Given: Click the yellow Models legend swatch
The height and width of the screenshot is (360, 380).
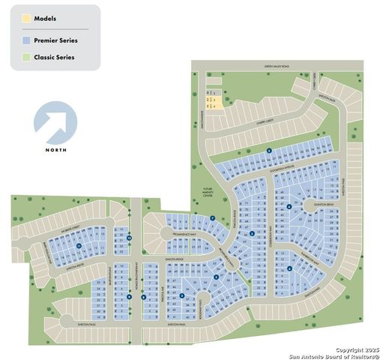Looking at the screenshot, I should point(25,17).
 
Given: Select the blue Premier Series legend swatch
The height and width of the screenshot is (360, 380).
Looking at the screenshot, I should point(25,39).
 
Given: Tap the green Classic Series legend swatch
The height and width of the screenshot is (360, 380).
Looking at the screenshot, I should point(25,56).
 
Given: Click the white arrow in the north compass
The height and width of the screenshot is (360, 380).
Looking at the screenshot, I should point(56,123).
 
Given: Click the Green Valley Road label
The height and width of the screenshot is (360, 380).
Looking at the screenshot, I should point(276,67).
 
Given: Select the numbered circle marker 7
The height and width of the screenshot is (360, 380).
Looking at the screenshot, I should point(213,218).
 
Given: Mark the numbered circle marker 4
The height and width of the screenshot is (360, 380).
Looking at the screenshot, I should point(289,207).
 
